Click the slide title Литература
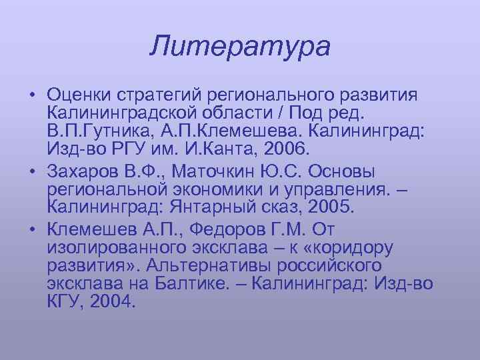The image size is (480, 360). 240,47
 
